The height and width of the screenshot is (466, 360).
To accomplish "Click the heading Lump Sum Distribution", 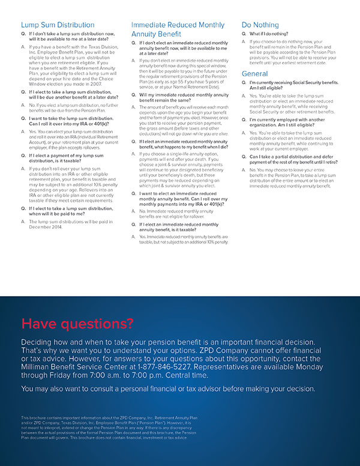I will coord(58,25).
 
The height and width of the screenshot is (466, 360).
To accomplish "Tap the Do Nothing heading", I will coord(260,25).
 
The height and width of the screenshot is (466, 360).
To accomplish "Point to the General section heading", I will coord(254,73).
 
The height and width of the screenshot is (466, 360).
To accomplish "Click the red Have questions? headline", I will coord(77,324).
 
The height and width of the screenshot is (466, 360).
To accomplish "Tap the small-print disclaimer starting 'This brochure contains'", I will coord(109,427).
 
